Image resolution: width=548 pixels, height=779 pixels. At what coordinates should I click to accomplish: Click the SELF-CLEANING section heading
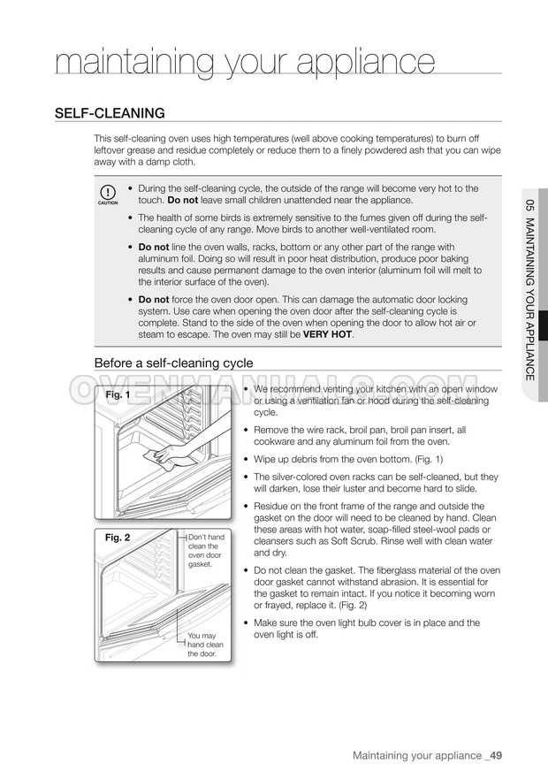110,113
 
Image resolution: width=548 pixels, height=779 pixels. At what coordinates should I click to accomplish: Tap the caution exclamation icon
107,193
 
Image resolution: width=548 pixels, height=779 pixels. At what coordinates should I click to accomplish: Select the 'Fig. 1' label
118,394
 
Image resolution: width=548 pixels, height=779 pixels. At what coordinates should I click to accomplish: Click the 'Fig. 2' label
118,538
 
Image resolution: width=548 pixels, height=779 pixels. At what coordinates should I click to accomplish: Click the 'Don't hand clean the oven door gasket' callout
206,550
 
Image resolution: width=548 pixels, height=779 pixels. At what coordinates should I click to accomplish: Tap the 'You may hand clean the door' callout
205,645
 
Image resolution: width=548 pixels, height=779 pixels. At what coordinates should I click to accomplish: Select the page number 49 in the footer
494,755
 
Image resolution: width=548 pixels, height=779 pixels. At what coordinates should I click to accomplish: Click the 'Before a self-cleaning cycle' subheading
173,363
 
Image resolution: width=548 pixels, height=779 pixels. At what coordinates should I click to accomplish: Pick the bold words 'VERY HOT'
327,335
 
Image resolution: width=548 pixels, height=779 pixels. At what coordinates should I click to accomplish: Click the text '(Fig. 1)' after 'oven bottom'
426,459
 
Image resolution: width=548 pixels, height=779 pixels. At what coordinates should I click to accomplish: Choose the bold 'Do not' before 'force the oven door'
154,300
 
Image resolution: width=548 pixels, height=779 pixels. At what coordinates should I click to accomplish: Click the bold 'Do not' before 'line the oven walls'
154,247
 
